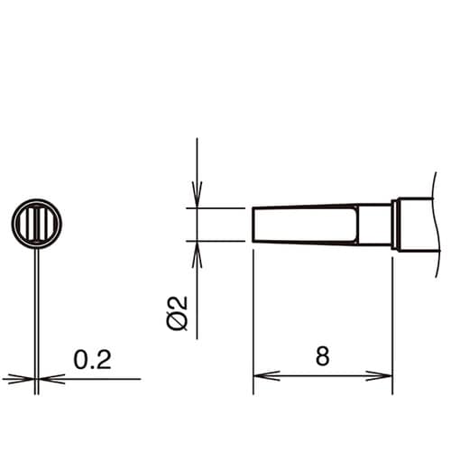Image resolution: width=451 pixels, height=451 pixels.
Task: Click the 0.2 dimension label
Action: tap(92, 361)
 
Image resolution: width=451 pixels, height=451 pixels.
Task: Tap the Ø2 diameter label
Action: tap(178, 312)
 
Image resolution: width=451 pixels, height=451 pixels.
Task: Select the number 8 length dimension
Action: tap(323, 355)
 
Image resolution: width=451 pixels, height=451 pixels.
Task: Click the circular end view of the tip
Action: tap(36, 223)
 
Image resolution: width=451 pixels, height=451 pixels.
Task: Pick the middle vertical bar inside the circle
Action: tap(36, 223)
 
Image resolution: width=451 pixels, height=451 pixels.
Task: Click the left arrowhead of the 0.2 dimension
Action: tap(23, 379)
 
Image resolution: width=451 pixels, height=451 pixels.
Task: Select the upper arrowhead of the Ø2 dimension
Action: tap(197, 195)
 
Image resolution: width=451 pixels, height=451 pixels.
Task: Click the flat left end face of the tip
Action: tap(253, 225)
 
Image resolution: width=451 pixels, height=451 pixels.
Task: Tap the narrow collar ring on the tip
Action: tap(394, 225)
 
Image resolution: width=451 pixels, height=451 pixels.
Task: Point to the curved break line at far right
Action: tap(438, 225)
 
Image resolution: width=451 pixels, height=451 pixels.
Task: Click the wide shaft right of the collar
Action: tap(417, 225)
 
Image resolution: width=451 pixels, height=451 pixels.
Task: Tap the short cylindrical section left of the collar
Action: tap(374, 225)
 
